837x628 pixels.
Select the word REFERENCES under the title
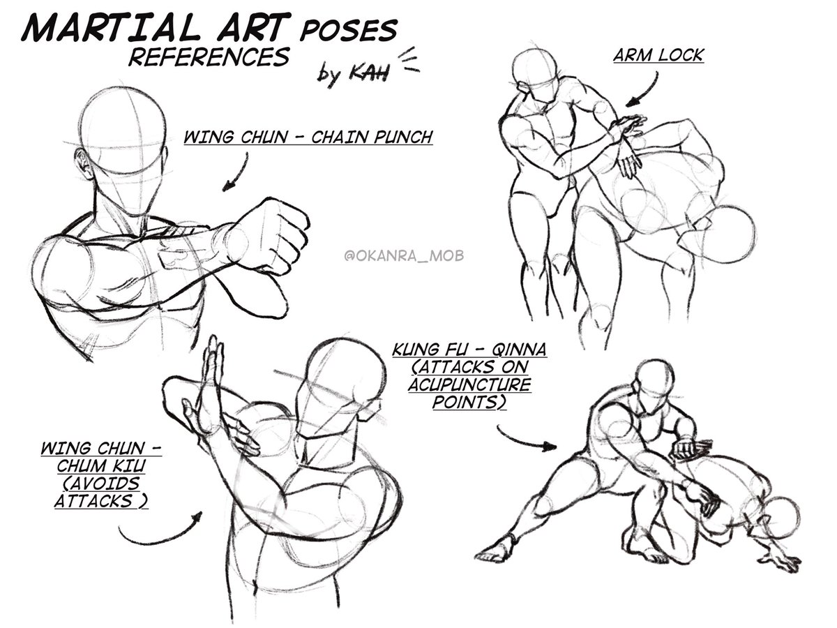tap(209, 57)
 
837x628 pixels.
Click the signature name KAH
tap(369, 72)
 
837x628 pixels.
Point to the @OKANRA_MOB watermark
tap(404, 255)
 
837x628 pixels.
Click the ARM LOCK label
tap(658, 55)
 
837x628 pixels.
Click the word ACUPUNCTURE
tap(469, 384)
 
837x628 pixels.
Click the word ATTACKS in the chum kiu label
tap(93, 500)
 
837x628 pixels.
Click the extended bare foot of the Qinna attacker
tap(495, 549)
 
